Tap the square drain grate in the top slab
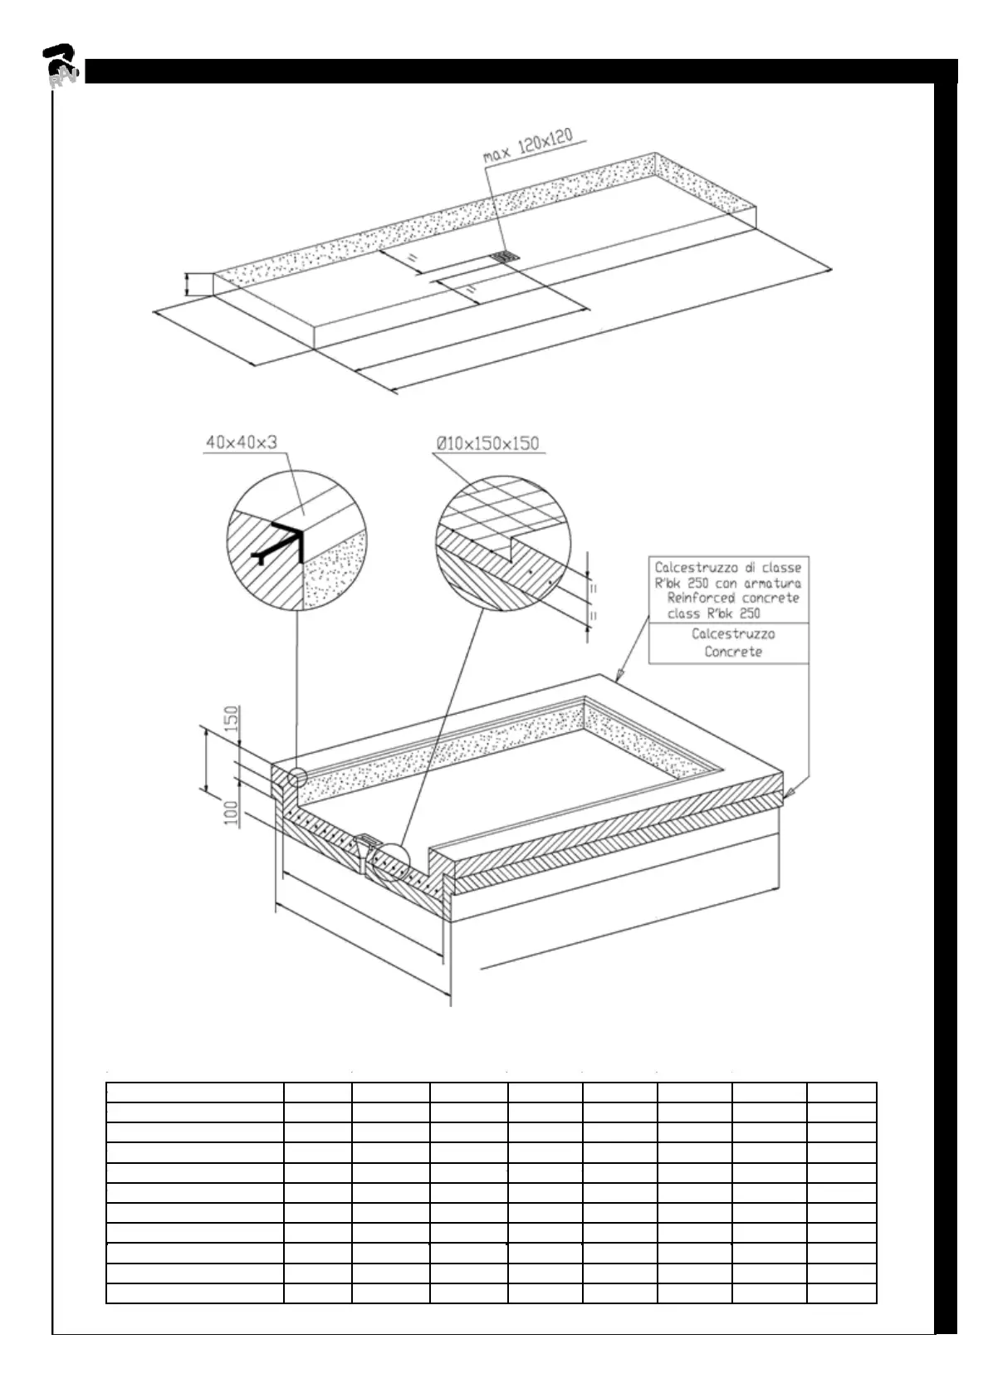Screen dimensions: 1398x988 pyautogui.click(x=504, y=257)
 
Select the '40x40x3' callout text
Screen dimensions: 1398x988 pyautogui.click(x=241, y=443)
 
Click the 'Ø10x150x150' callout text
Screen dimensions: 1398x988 pyautogui.click(x=487, y=443)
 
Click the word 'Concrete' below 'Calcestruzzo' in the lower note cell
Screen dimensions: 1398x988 pyautogui.click(x=732, y=652)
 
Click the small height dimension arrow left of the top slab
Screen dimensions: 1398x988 pyautogui.click(x=188, y=284)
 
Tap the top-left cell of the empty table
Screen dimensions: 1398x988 pyautogui.click(x=195, y=1092)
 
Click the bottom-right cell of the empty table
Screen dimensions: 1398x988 pyautogui.click(x=841, y=1293)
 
